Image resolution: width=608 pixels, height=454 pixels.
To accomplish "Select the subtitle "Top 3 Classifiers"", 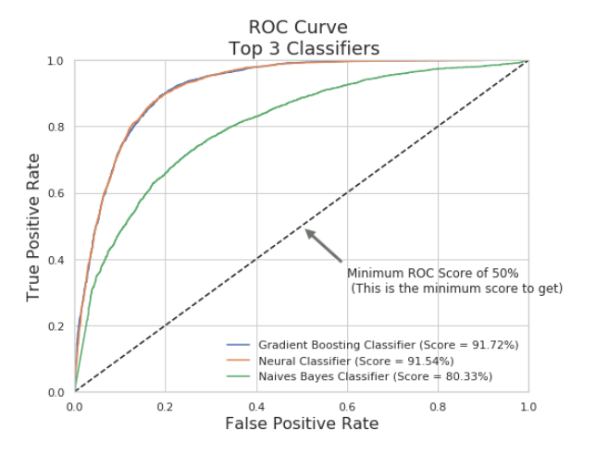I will click(301, 48).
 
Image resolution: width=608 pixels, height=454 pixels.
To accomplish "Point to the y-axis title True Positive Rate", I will click(34, 227).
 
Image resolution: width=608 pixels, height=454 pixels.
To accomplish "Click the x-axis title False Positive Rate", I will click(301, 423).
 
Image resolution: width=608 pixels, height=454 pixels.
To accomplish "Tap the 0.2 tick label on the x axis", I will click(165, 405).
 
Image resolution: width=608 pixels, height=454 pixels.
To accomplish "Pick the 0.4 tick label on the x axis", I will click(255, 405).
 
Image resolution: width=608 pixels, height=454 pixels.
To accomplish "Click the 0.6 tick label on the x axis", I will click(346, 405).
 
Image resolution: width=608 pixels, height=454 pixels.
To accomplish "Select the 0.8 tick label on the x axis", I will click(437, 405).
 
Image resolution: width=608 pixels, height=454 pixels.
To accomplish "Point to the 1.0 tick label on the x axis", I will click(527, 405).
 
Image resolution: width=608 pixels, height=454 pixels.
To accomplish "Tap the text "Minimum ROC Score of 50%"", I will click(432, 274).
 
